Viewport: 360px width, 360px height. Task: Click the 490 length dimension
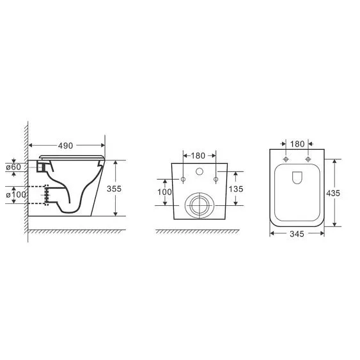click(65, 146)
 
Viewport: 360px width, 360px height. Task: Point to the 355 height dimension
click(114, 189)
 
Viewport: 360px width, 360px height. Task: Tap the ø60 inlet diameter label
click(13, 167)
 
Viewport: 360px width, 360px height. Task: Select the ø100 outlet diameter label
click(16, 194)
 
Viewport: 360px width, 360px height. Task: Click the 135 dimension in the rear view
click(236, 189)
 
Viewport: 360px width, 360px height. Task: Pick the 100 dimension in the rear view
click(164, 192)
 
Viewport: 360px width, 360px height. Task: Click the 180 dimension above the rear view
click(198, 156)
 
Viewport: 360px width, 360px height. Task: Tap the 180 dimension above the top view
click(297, 144)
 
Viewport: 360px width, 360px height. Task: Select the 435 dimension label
click(333, 193)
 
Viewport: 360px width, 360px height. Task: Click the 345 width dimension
click(297, 234)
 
